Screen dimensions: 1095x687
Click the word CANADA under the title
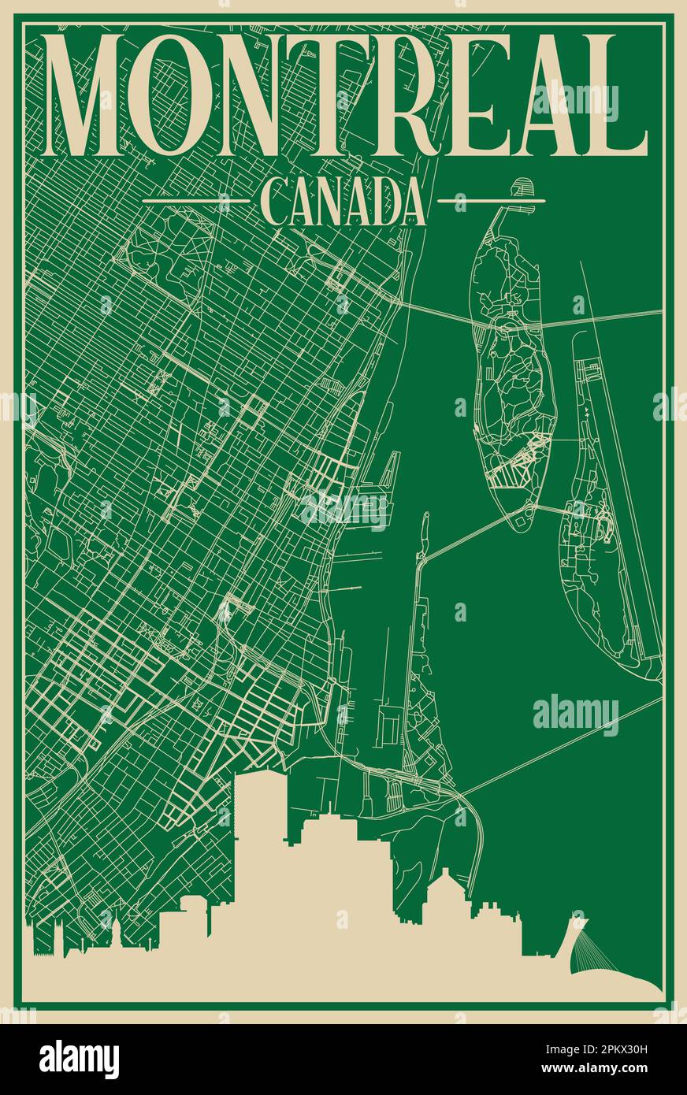[343, 203]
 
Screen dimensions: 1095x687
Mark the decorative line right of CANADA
[490, 202]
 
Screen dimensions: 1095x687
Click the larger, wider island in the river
[511, 370]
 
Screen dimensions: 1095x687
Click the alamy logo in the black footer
[79, 1060]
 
